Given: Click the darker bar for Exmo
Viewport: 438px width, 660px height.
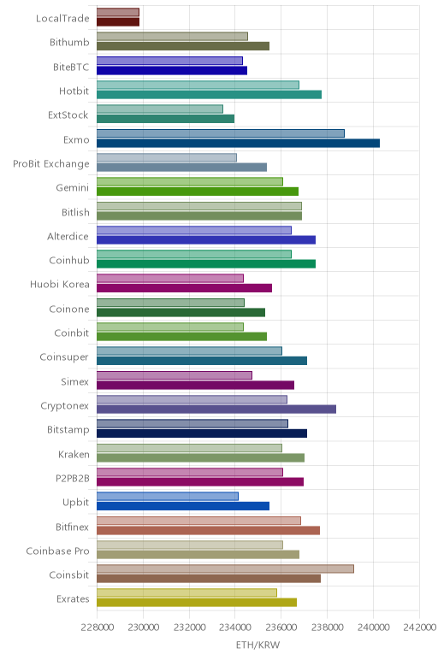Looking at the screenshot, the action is click(x=238, y=143).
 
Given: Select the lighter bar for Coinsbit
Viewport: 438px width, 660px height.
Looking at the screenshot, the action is click(x=225, y=569).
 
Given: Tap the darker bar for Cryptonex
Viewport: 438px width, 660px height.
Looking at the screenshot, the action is click(x=216, y=410).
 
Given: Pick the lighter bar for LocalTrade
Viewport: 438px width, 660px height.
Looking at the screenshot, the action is click(x=118, y=12).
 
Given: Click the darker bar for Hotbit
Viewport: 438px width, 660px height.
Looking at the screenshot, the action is click(x=209, y=95).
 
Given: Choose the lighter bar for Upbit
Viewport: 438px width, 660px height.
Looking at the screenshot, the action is click(x=168, y=496).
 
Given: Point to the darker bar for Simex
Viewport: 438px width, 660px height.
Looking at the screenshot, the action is click(x=195, y=385).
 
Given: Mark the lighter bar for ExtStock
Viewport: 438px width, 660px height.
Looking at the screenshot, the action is click(x=160, y=109).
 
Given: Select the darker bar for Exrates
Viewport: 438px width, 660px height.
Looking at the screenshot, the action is click(x=197, y=603).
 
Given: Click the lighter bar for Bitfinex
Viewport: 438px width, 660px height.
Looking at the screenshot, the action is click(x=198, y=521).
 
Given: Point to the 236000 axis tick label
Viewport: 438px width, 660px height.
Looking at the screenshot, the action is click(x=281, y=628).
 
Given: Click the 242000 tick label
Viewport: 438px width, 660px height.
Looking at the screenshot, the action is click(x=419, y=628).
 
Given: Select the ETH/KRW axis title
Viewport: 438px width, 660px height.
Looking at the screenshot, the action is click(x=257, y=645).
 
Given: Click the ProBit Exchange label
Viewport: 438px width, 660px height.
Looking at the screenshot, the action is click(x=51, y=164).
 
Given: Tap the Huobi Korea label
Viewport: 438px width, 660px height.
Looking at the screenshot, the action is click(x=59, y=284).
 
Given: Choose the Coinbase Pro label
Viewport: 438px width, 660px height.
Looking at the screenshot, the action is click(x=57, y=551).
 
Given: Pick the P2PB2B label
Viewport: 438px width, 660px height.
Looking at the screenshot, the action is click(x=73, y=478).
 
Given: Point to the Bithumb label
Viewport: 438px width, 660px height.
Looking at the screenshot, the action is click(x=69, y=42).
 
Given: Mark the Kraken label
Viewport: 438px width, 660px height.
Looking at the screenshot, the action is click(x=74, y=454).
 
